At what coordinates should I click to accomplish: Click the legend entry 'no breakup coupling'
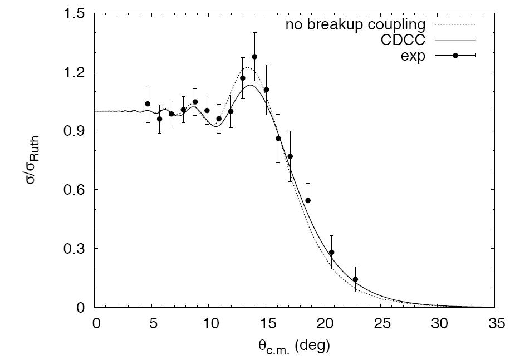click(355, 25)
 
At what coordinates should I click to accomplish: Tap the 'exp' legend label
click(413, 55)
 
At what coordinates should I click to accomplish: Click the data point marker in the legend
click(455, 55)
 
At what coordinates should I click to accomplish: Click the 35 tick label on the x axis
click(494, 323)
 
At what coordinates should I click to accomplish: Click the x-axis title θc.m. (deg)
click(294, 346)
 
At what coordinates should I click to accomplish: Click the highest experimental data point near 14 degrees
click(254, 57)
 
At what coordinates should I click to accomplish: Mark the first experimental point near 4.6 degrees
click(148, 104)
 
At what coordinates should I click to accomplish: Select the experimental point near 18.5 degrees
click(308, 200)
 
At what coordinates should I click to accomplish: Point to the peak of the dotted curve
click(247, 68)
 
